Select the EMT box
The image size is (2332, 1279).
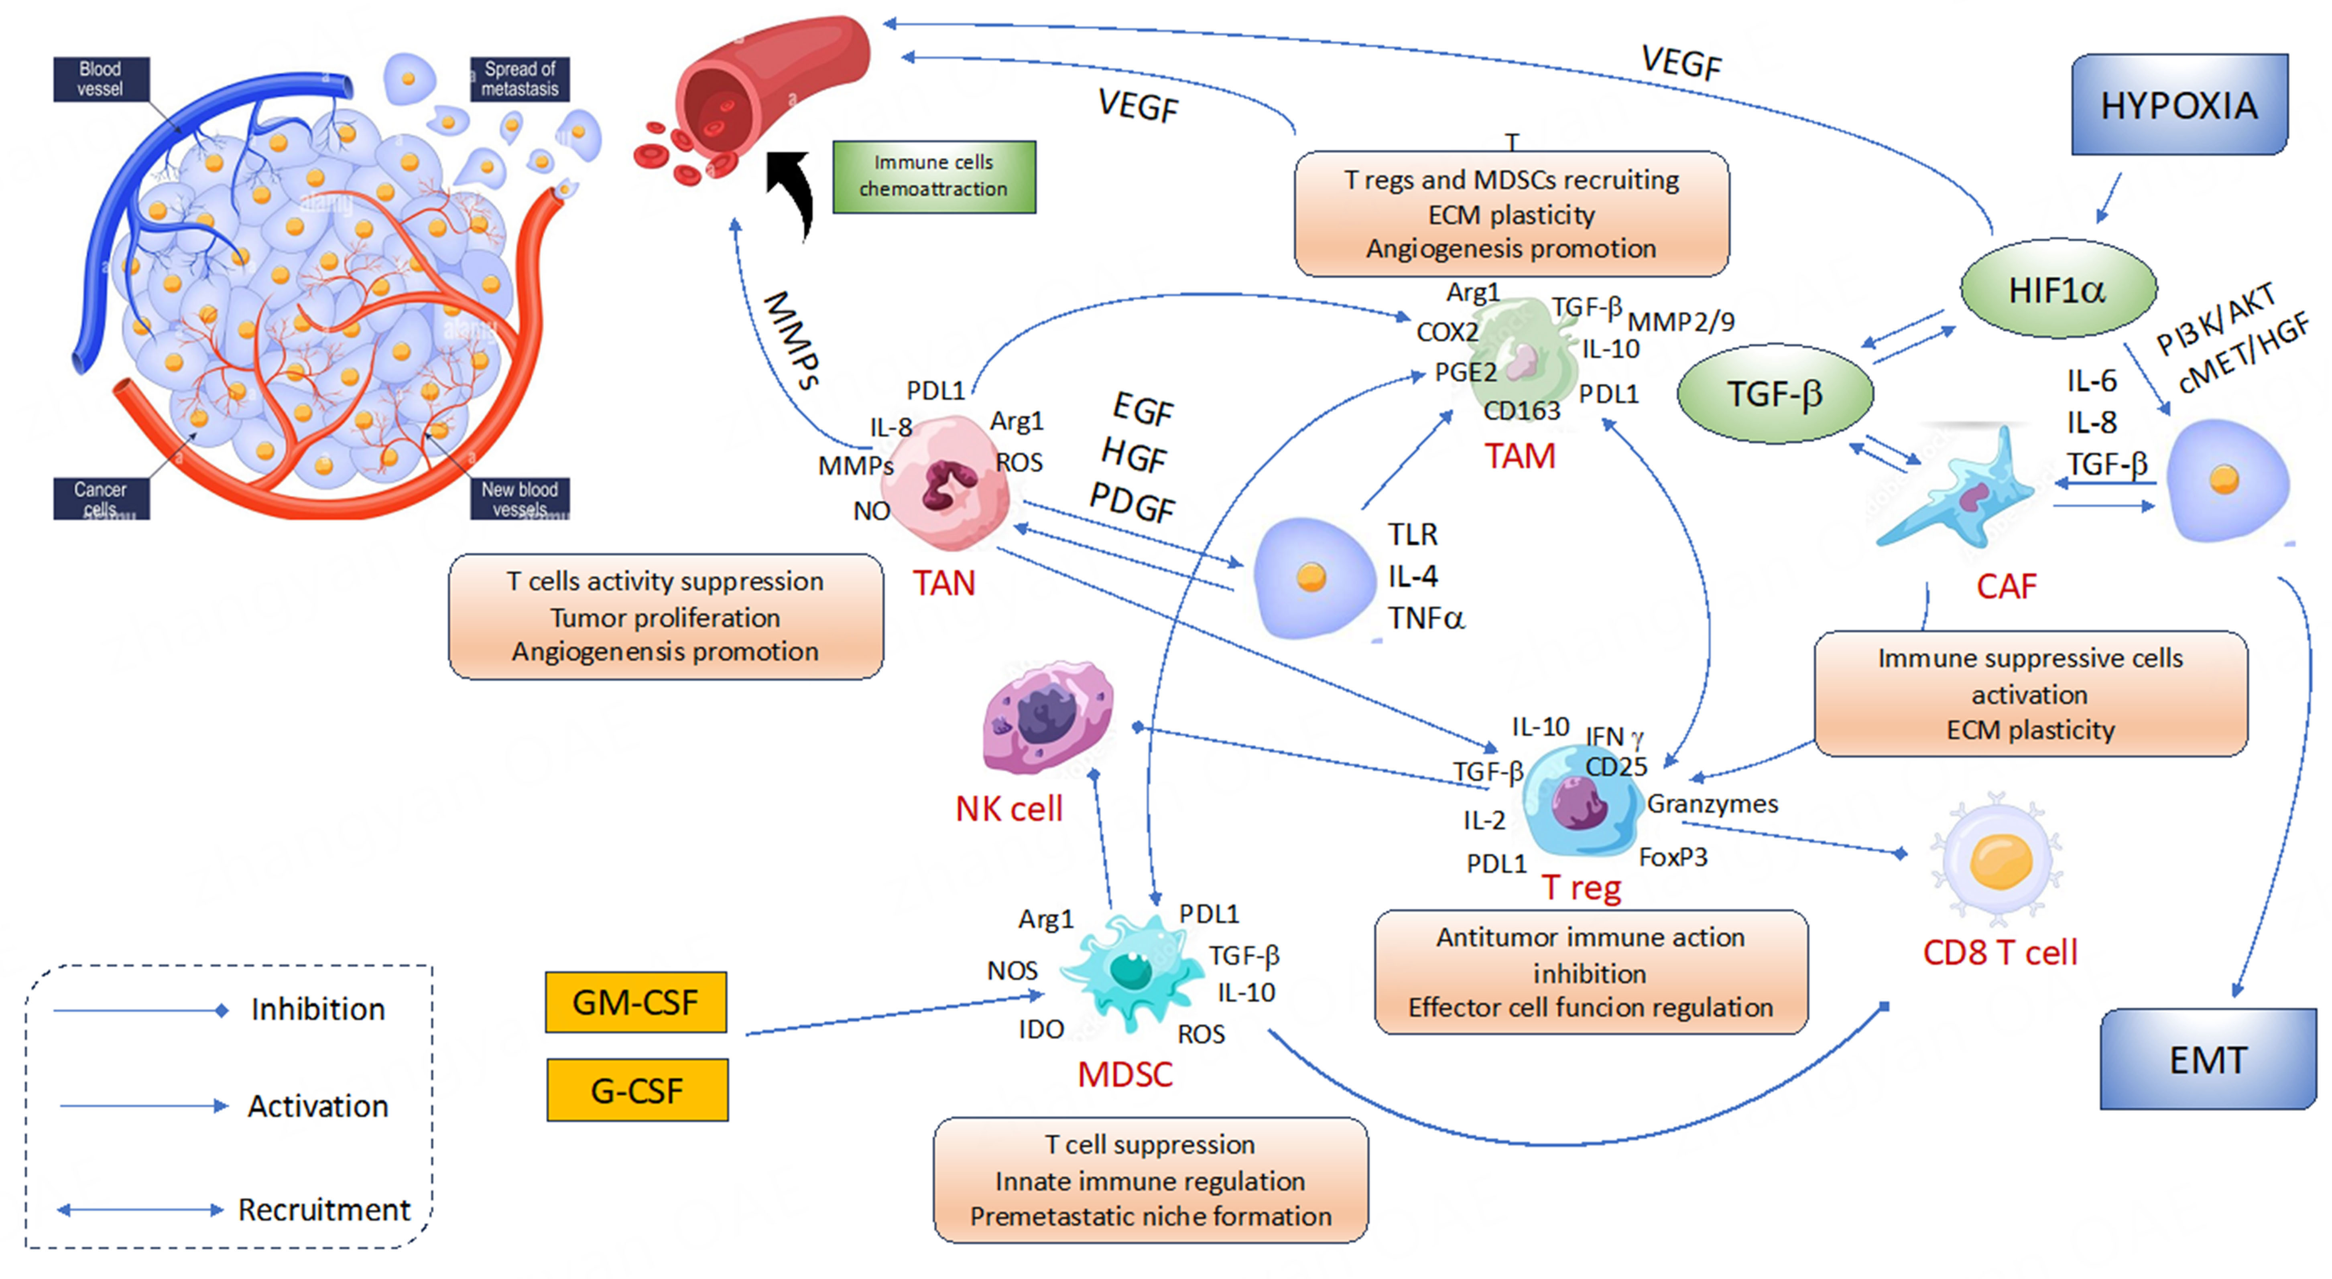(2207, 1059)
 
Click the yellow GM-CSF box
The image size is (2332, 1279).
(636, 1002)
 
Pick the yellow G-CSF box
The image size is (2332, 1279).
(636, 1090)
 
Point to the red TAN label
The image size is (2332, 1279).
(943, 583)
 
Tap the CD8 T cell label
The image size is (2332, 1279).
(2000, 952)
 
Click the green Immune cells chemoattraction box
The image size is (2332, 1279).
(933, 176)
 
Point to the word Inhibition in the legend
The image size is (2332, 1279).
(318, 1009)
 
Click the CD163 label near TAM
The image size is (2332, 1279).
(1522, 411)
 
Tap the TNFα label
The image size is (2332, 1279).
(1426, 618)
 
